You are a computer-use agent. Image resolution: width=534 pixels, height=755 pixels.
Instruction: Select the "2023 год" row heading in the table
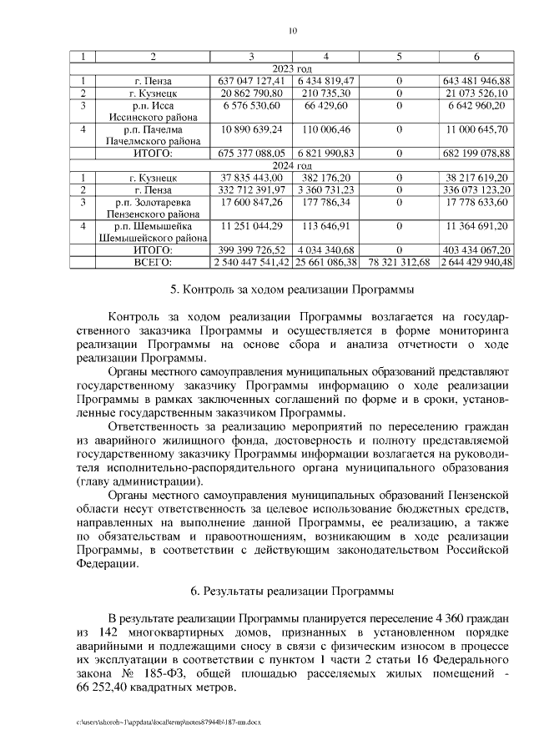(292, 68)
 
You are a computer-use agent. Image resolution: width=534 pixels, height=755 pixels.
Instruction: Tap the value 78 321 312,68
(399, 262)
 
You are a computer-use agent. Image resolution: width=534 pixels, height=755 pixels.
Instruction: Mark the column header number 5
(399, 57)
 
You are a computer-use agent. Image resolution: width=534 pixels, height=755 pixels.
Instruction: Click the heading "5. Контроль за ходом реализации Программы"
(292, 290)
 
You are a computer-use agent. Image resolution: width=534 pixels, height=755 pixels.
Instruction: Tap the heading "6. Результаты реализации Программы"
(292, 591)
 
